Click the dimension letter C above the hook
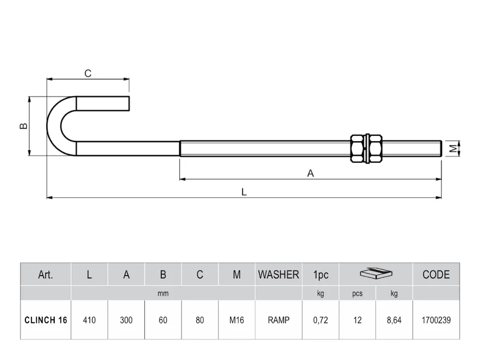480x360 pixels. pos(88,74)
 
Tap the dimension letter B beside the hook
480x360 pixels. pos(23,126)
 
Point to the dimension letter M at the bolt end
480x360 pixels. pos(454,149)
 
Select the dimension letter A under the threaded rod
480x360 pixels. pos(310,173)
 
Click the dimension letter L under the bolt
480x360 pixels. pos(244,192)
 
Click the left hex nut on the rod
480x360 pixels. pos(358,149)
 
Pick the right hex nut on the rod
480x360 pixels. pos(375,149)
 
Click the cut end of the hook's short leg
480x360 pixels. pos(129,104)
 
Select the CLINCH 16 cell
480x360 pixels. pos(45,320)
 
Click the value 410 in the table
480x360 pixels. pos(89,320)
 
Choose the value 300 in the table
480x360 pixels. pos(126,320)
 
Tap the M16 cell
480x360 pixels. pos(237,320)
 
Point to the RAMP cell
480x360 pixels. pos(278,320)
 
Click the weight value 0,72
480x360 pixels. pos(321,320)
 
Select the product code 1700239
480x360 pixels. pos(436,320)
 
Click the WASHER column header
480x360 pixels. pos(278,275)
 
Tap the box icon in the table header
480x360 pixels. pos(376,273)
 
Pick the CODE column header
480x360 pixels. pos(436,275)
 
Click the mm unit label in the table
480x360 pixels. pos(163,293)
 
